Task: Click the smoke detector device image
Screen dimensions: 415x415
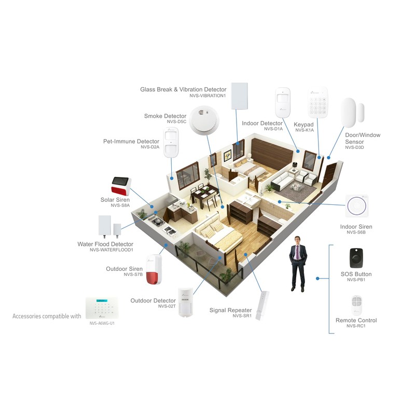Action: (204, 121)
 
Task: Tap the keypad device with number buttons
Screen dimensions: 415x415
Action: (317, 102)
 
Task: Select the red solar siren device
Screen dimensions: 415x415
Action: (121, 186)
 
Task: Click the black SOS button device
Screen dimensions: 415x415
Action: (356, 258)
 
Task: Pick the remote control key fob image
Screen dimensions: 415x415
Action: (356, 305)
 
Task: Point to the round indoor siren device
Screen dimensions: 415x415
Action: (356, 206)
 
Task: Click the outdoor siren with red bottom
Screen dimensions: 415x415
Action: (154, 269)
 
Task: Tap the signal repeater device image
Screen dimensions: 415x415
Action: (262, 306)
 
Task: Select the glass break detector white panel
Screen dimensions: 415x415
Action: (240, 96)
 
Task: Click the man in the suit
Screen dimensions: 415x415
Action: (298, 264)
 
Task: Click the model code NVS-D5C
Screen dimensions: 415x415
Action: (176, 122)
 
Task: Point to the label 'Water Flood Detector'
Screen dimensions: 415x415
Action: (105, 244)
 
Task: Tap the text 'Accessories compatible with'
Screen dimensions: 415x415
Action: (47, 316)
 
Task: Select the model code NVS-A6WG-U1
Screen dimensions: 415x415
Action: (102, 323)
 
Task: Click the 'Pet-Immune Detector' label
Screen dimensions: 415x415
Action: (131, 141)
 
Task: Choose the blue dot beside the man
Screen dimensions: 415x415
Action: (317, 279)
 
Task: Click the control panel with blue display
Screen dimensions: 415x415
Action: (102, 308)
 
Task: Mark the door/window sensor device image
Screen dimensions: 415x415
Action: (352, 113)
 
